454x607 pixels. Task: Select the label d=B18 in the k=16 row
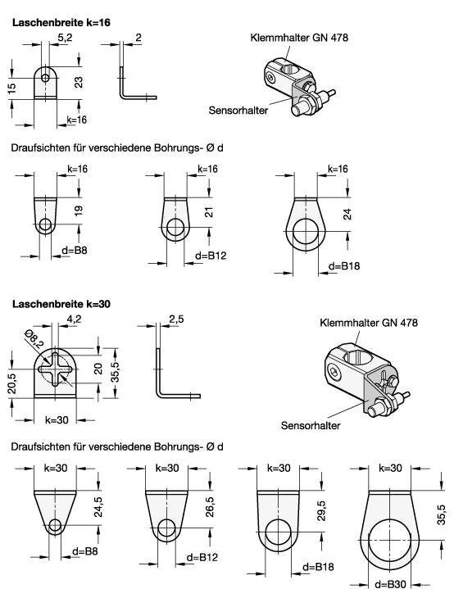pos(344,266)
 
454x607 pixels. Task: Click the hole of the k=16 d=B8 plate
pos(46,225)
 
